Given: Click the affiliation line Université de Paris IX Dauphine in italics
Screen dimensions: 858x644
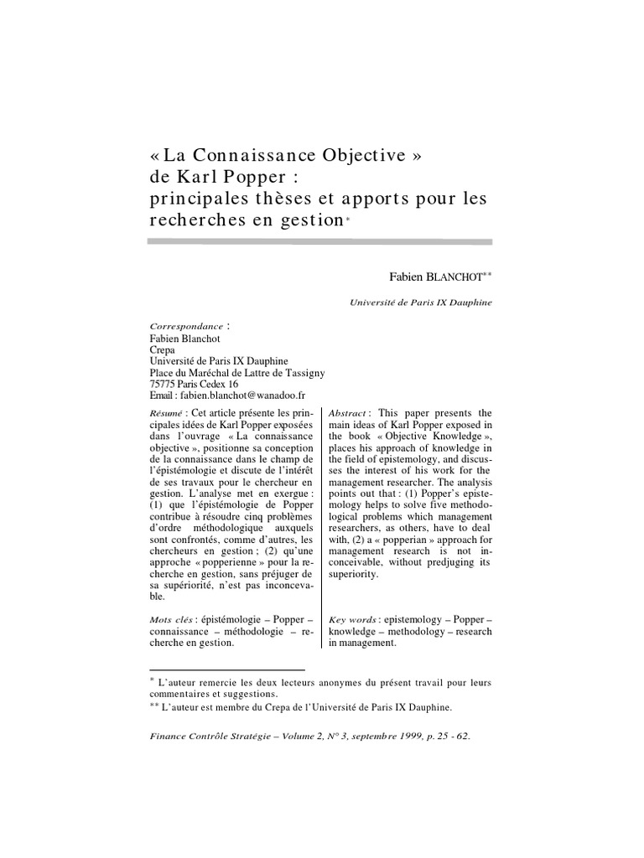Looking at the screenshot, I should pyautogui.click(x=421, y=302).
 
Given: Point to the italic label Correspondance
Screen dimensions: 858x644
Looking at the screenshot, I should pyautogui.click(x=186, y=326).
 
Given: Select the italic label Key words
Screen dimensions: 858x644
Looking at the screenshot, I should pyautogui.click(x=353, y=618).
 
